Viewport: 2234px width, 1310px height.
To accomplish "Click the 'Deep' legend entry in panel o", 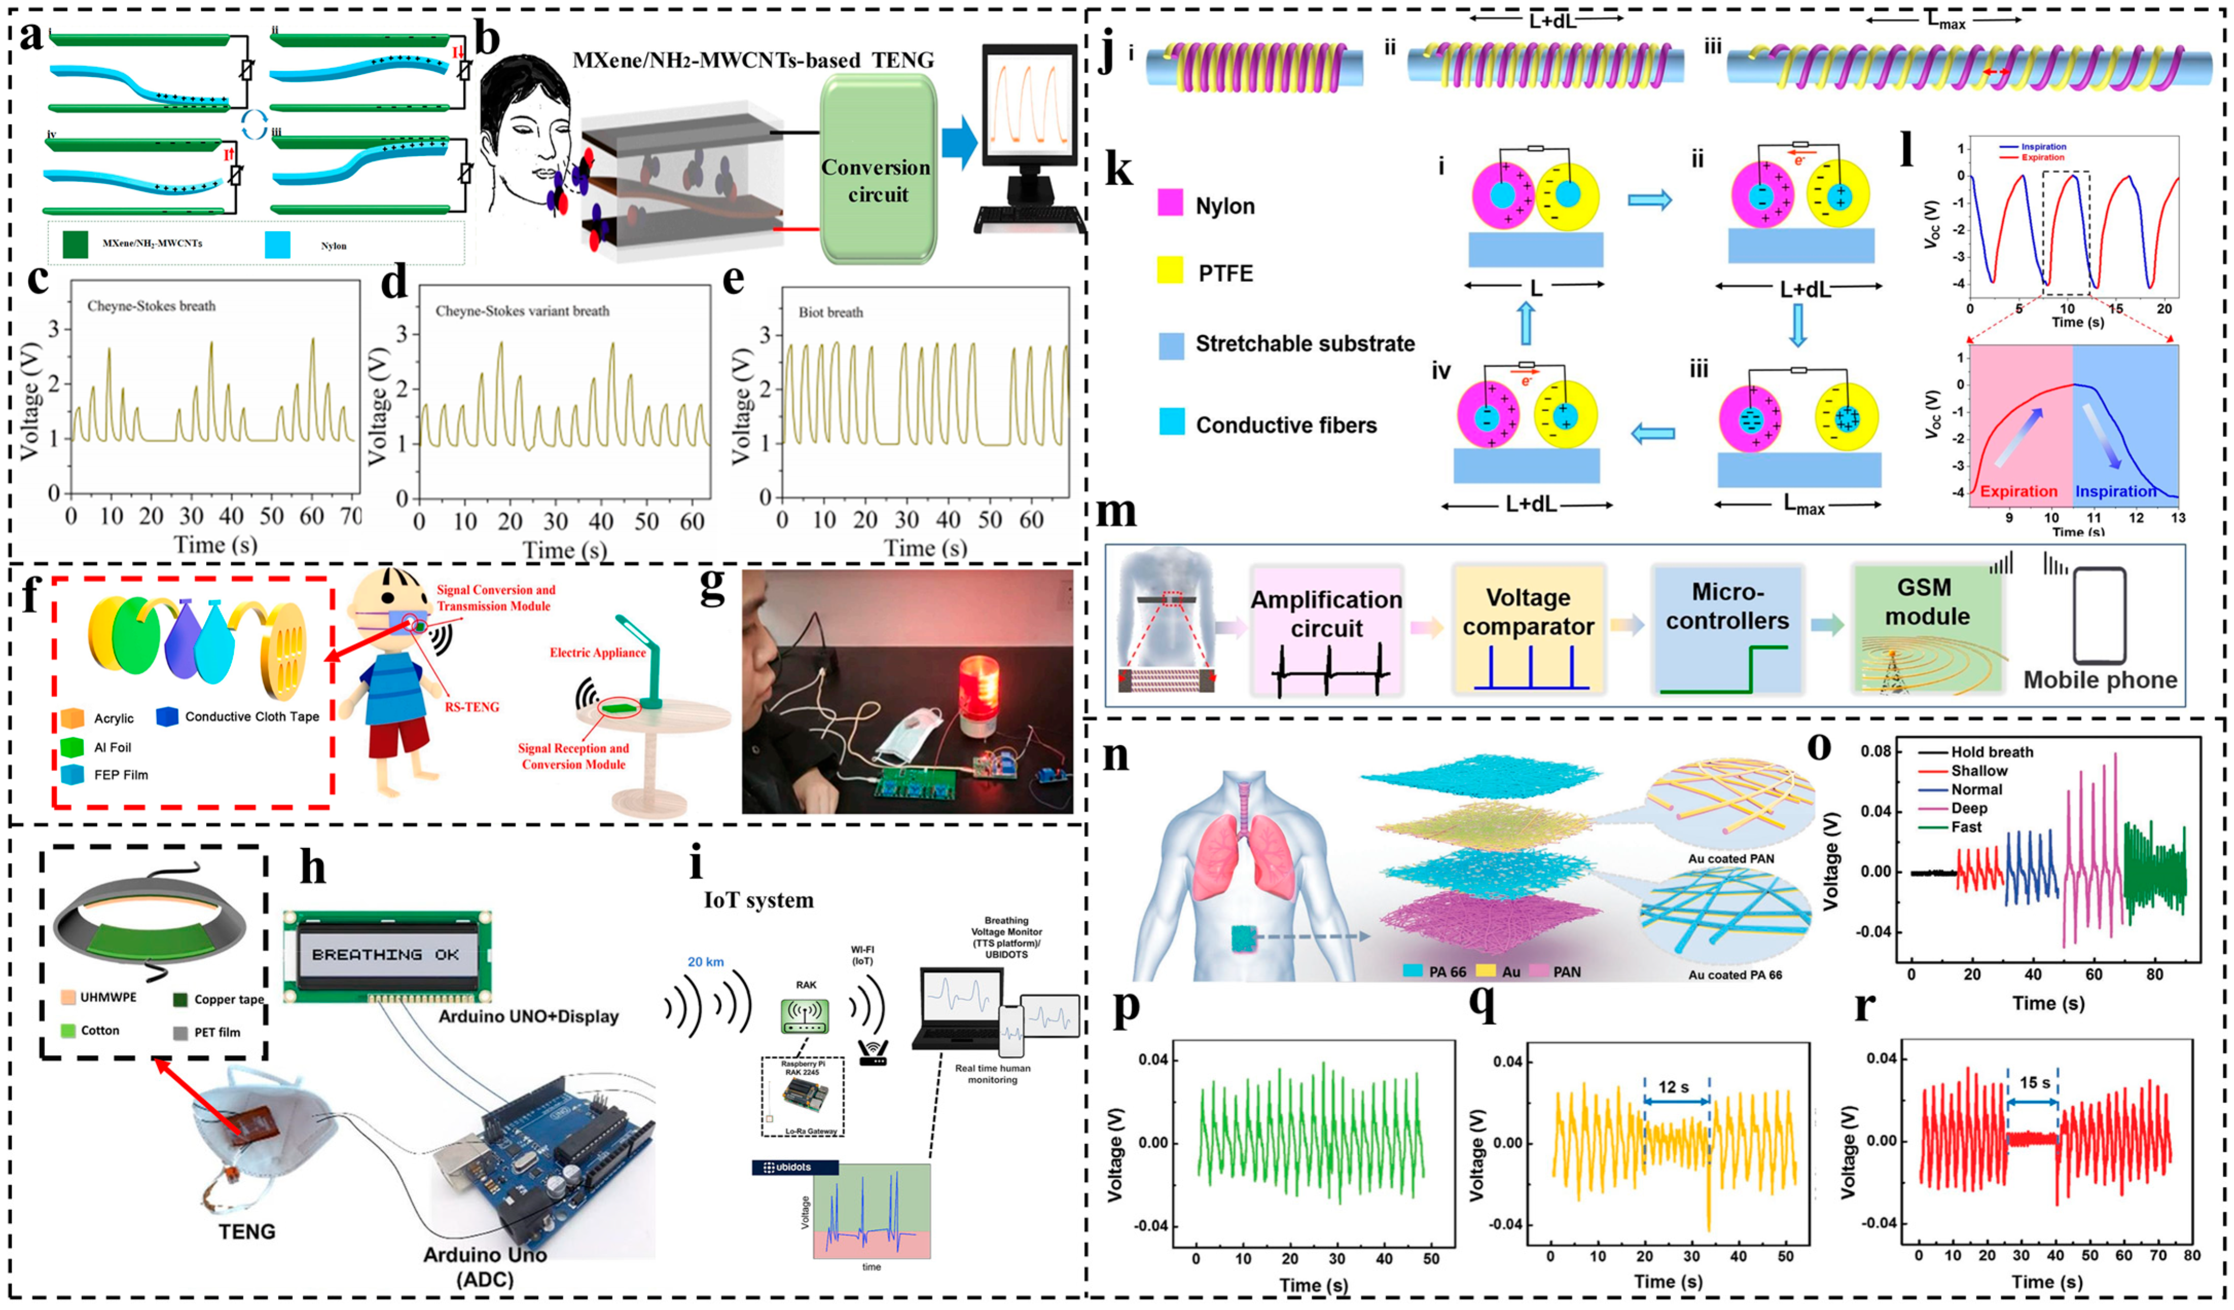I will tap(1969, 808).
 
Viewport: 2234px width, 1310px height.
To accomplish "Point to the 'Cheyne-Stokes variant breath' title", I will tap(522, 311).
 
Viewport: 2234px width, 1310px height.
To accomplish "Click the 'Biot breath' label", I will tap(831, 312).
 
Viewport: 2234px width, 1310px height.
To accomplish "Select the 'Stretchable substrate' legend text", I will tap(1305, 344).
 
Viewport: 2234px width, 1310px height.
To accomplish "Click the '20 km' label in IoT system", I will tap(706, 962).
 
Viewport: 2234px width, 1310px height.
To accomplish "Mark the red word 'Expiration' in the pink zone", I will tap(2018, 492).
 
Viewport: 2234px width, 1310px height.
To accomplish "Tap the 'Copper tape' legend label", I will tap(229, 999).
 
